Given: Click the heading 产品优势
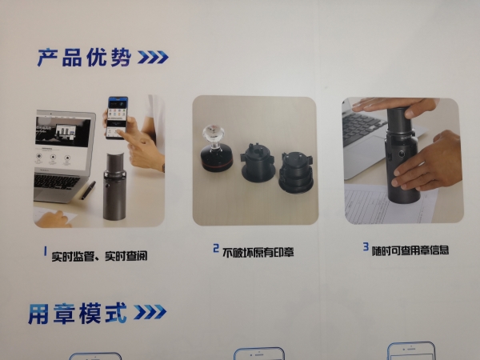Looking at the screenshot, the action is pyautogui.click(x=85, y=58).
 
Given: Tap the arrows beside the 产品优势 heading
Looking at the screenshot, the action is pyautogui.click(x=153, y=58).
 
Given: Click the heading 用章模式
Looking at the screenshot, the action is pyautogui.click(x=78, y=313).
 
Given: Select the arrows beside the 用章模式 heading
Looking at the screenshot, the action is pyautogui.click(x=150, y=312).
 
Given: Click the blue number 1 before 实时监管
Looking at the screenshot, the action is pyautogui.click(x=46, y=251).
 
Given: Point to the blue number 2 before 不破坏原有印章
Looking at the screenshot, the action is pyautogui.click(x=216, y=248).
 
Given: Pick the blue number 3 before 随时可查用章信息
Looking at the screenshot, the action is pyautogui.click(x=366, y=246).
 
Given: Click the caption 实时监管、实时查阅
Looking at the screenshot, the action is pyautogui.click(x=99, y=256).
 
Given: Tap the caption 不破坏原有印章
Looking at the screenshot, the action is pyautogui.click(x=258, y=253).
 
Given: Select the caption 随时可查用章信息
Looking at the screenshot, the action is pyautogui.click(x=410, y=250).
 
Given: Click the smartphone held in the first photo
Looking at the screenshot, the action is pyautogui.click(x=117, y=118).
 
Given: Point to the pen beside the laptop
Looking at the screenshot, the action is pyautogui.click(x=89, y=190).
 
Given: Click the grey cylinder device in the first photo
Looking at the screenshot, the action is pyautogui.click(x=114, y=186).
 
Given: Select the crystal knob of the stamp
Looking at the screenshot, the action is pyautogui.click(x=214, y=134).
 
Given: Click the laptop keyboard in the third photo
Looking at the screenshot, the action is pyautogui.click(x=364, y=126).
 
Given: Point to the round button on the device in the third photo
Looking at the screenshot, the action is pyautogui.click(x=401, y=154).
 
